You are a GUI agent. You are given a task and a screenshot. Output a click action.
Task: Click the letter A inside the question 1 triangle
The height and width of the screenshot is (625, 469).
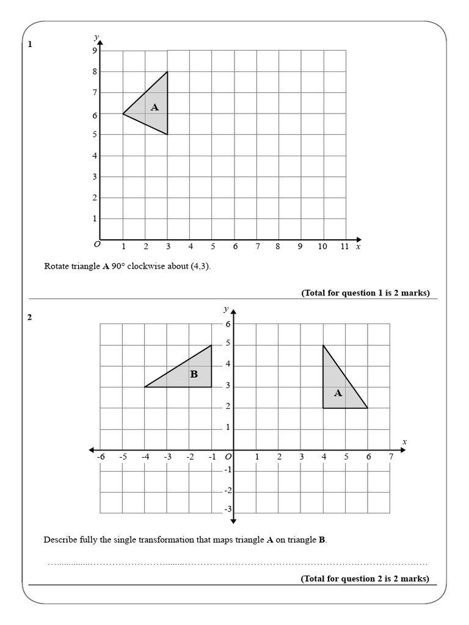coord(155,107)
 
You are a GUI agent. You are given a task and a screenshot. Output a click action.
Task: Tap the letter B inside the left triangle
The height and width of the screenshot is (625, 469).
coord(194,374)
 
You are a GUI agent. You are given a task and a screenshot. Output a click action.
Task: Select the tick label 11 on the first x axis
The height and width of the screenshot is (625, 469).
coord(344,247)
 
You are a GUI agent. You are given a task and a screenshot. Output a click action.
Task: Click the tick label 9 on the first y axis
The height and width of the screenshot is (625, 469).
coord(95,51)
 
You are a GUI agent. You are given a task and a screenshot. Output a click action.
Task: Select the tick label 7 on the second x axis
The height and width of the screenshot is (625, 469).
coord(391,457)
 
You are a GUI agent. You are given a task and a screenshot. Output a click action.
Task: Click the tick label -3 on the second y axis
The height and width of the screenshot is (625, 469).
coord(228,509)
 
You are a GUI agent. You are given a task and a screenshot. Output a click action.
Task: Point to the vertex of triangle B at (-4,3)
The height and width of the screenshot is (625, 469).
coord(145,387)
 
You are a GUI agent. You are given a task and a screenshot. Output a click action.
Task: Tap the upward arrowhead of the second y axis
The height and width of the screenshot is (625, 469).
coord(233,312)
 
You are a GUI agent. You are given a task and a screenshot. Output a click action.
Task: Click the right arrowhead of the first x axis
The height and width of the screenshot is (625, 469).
coord(358,240)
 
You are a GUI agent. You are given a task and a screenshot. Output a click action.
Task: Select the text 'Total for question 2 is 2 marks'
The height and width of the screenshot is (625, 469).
coord(365,579)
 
